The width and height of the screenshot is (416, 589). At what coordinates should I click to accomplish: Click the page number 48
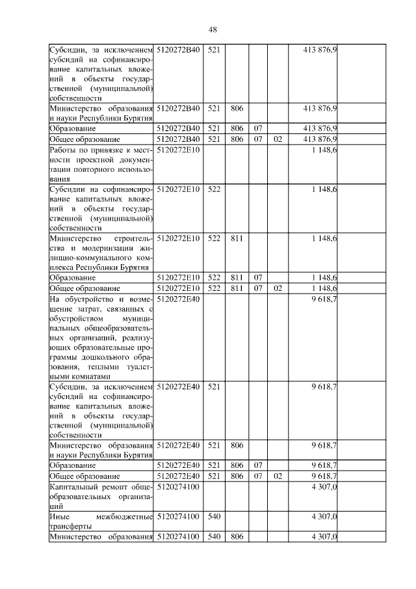[x=212, y=29]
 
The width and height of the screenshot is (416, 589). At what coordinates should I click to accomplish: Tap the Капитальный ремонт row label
[x=101, y=495]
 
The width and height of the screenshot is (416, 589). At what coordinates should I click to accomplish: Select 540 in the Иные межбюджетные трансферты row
[x=214, y=517]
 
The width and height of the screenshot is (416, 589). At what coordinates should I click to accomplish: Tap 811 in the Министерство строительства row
[x=237, y=239]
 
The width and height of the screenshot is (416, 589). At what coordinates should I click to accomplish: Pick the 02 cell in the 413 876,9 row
[x=278, y=139]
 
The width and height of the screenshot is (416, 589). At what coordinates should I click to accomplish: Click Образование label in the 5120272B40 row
[x=73, y=129]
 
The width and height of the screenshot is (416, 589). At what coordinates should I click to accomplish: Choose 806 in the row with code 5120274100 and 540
[x=237, y=537]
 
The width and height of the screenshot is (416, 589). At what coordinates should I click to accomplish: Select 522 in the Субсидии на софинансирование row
[x=214, y=189]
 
